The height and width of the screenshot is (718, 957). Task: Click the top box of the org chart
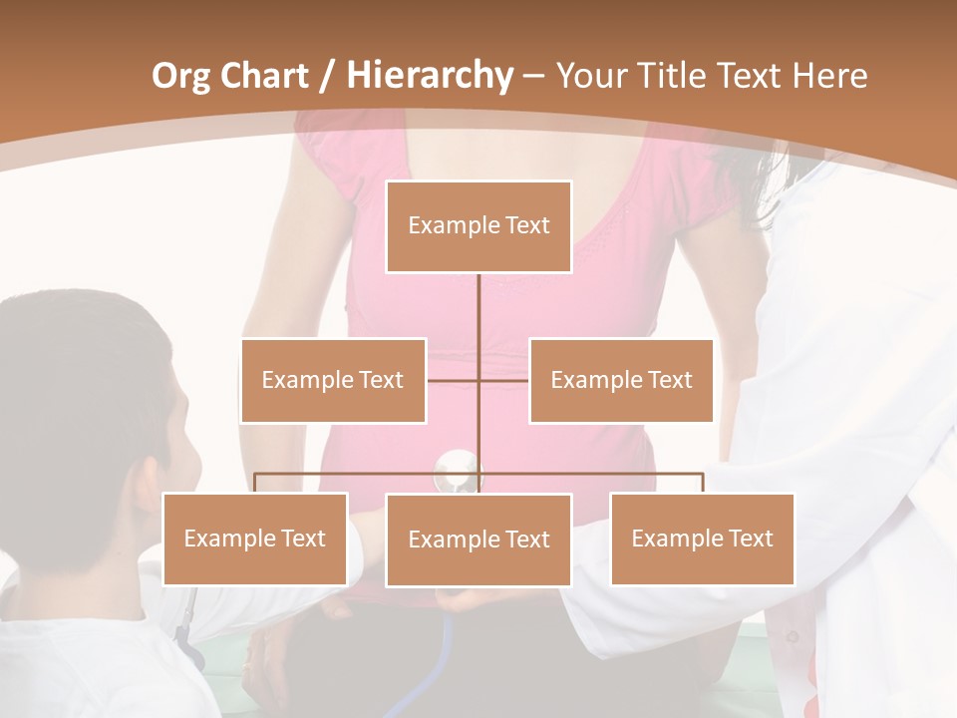[x=478, y=226]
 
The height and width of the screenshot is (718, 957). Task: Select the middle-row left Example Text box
[x=333, y=380]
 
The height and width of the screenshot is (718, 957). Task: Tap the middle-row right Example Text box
[x=621, y=380]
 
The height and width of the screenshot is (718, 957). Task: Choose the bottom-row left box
[x=255, y=538]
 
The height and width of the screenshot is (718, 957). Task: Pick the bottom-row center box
[x=478, y=539]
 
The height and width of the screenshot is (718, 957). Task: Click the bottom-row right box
[x=702, y=538]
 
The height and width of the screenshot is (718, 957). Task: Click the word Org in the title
[x=180, y=76]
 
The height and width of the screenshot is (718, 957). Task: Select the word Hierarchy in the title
[x=430, y=76]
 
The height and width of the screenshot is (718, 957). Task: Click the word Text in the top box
[x=527, y=225]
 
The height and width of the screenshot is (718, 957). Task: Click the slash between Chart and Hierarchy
[x=326, y=76]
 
